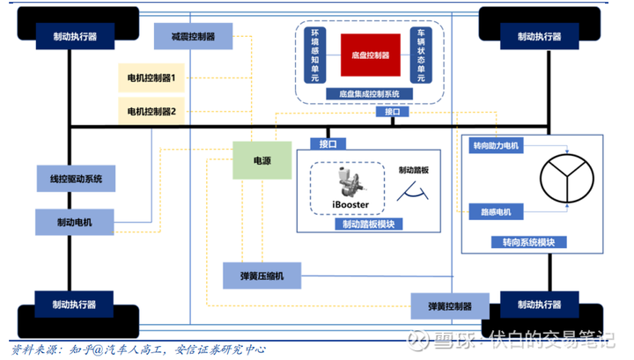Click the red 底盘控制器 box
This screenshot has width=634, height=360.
pyautogui.click(x=371, y=55)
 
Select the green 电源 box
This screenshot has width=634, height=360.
pyautogui.click(x=262, y=161)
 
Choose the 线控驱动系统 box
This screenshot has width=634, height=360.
pyautogui.click(x=76, y=178)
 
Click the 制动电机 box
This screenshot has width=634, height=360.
pyautogui.click(x=76, y=221)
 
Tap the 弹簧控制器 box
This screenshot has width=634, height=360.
pyautogui.click(x=449, y=306)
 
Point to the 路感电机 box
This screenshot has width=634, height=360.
pyautogui.click(x=490, y=211)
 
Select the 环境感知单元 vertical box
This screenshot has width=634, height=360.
pyautogui.click(x=314, y=55)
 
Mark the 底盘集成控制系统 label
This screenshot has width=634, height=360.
pyautogui.click(x=370, y=92)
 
